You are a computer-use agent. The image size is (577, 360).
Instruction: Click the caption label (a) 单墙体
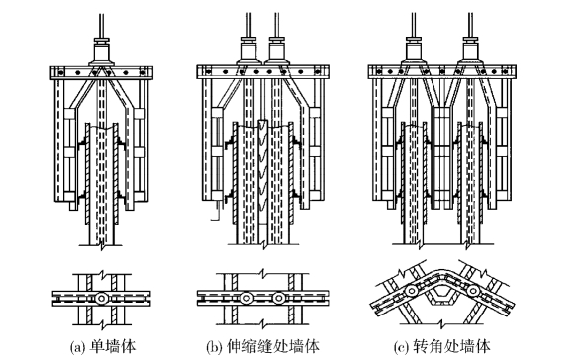point(102,347)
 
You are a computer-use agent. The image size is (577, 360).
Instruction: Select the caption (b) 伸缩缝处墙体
point(262,347)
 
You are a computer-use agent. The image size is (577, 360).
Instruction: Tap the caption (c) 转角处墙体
point(442,347)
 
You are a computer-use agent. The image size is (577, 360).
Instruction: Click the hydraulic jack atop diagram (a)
point(102,51)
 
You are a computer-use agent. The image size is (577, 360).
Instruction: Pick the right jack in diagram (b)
point(277,51)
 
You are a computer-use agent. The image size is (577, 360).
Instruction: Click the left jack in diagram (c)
point(415,51)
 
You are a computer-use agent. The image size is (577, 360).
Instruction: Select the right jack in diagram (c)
point(471,51)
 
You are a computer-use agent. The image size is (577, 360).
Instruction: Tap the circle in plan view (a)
point(101,298)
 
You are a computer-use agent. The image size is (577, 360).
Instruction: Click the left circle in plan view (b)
point(246,298)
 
